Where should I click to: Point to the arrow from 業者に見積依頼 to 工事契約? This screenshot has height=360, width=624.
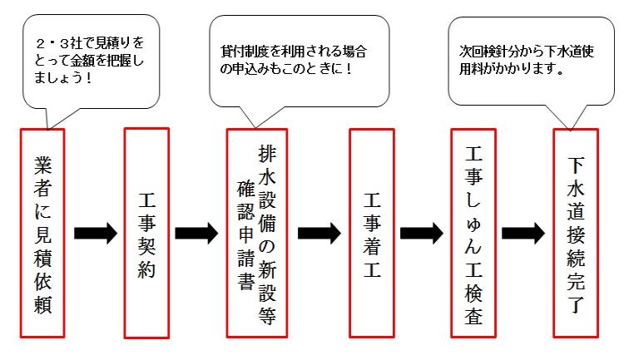[96, 233]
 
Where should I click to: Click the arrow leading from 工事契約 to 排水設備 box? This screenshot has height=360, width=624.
[197, 233]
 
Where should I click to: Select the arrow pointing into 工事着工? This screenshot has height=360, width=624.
[319, 233]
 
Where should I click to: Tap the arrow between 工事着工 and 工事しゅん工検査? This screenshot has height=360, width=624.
[422, 233]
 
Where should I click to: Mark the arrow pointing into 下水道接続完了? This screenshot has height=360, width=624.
[523, 233]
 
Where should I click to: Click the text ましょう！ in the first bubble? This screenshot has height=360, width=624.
[63, 77]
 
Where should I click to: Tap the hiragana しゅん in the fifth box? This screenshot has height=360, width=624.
[473, 224]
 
